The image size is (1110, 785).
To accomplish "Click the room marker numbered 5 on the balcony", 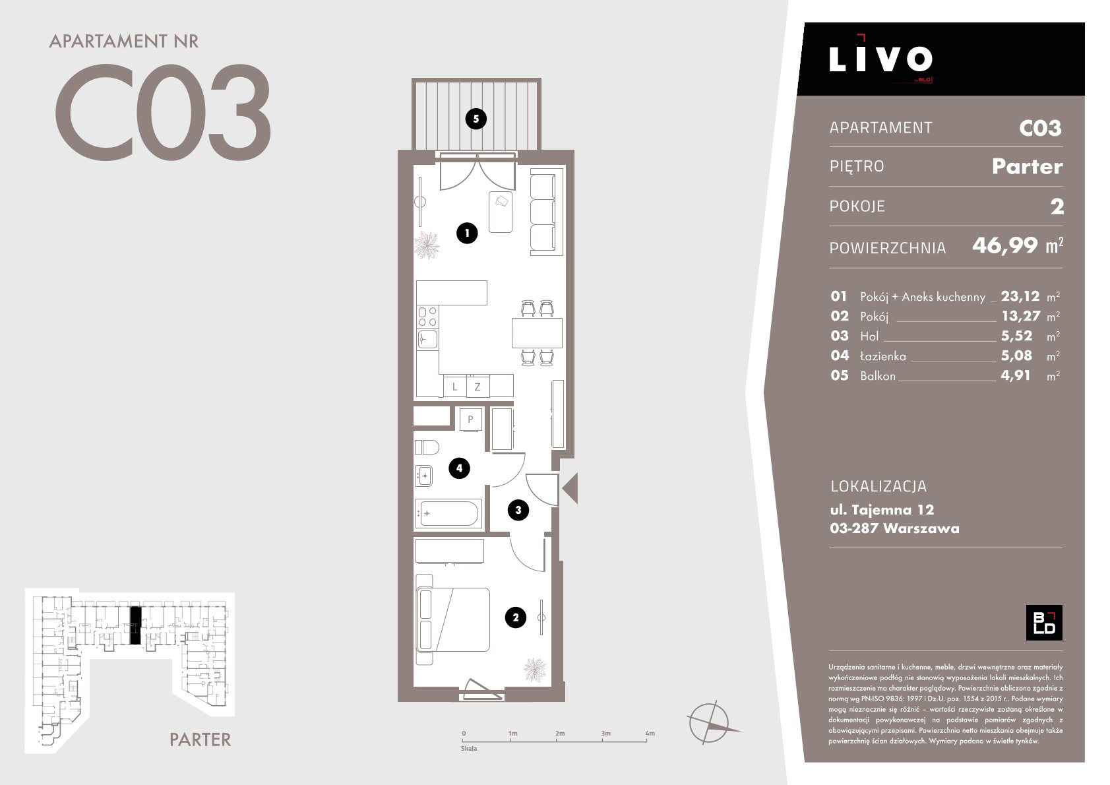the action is tap(476, 119).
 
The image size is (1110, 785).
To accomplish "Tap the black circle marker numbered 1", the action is tap(467, 233).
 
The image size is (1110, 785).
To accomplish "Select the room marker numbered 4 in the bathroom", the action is tap(459, 468).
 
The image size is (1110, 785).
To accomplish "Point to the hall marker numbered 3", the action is tap(518, 510).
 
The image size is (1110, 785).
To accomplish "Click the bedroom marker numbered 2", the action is tap(515, 617).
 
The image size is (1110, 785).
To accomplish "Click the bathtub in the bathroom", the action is tap(448, 513).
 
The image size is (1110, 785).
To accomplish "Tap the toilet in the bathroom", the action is tap(427, 447).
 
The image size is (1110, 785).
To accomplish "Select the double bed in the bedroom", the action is tap(453, 619).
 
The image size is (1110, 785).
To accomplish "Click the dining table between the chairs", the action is tap(537, 333).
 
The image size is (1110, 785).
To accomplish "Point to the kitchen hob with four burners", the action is tap(427, 316).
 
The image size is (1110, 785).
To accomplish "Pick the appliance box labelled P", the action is tap(470, 420).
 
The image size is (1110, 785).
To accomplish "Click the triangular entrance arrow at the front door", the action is tap(570, 488).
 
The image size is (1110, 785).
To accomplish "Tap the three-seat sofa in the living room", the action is tap(543, 212).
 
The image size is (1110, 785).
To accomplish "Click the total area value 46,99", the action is tap(1004, 245).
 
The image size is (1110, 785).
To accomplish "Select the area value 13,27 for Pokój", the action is tap(1021, 316).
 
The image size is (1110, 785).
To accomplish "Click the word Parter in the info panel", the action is tap(1028, 166).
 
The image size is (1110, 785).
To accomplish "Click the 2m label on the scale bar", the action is tap(560, 734).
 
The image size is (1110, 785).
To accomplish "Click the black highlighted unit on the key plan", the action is tap(135, 625).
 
